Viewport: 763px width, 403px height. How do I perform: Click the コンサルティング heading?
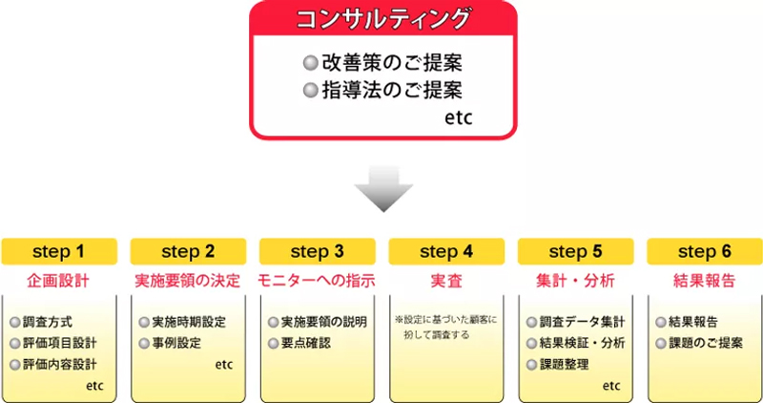[x=383, y=19]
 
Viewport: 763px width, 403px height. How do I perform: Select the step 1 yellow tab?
[x=59, y=252]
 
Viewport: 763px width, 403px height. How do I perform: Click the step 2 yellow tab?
[x=188, y=252]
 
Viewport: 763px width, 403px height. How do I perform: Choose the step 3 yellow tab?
[x=318, y=252]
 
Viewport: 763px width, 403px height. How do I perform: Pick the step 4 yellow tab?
[x=446, y=252]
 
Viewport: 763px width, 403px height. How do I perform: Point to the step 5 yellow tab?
[x=576, y=252]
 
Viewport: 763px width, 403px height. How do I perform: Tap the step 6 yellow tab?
[x=705, y=252]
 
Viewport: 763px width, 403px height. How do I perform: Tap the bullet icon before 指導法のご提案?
[x=309, y=91]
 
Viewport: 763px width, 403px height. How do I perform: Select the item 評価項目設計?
[x=58, y=343]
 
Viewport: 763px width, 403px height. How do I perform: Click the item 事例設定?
[x=176, y=343]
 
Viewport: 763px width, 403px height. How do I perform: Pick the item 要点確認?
[x=305, y=343]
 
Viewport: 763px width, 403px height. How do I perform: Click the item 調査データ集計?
[x=582, y=322]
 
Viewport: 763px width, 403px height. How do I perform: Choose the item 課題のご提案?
[x=708, y=343]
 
